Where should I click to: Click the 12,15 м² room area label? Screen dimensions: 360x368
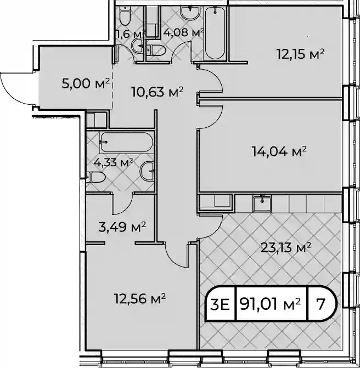click(301, 54)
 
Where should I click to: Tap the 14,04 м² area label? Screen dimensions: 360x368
click(279, 151)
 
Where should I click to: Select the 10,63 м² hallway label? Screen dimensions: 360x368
click(157, 92)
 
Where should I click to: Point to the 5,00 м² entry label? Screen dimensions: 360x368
click(86, 83)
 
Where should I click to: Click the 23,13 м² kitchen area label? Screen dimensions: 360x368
click(286, 248)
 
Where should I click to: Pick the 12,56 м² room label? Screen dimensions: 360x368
click(140, 298)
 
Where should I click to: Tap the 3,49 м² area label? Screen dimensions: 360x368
click(122, 227)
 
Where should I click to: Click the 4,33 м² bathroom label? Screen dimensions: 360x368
click(114, 162)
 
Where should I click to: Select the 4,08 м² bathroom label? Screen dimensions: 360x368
click(183, 33)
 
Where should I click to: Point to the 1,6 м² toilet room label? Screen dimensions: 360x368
click(131, 34)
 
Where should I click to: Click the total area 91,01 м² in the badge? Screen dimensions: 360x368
click(270, 304)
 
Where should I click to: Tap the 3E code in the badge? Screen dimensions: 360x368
click(220, 304)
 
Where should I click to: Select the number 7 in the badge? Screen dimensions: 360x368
click(320, 304)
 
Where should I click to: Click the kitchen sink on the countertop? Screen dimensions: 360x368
click(262, 203)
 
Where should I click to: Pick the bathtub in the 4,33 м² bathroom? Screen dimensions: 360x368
click(126, 142)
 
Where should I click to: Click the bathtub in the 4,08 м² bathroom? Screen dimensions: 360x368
click(215, 32)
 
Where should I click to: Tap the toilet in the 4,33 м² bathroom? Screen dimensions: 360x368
click(95, 177)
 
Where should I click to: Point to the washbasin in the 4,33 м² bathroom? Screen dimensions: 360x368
click(147, 171)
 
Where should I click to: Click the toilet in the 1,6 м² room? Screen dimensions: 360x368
click(125, 15)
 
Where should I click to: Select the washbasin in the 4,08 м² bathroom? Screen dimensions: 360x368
click(190, 13)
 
